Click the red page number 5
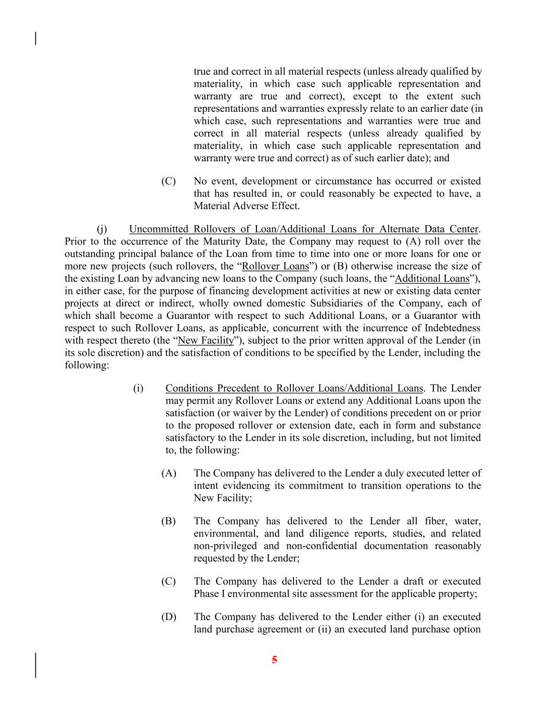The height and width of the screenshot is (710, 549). (274, 660)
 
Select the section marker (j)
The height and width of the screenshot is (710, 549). (102, 229)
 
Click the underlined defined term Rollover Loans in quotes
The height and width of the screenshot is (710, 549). (275, 266)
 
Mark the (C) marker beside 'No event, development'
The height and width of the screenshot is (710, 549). (168, 181)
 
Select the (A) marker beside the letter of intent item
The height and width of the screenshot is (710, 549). (169, 473)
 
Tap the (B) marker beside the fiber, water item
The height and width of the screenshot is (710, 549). (168, 521)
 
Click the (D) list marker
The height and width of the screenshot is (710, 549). (169, 617)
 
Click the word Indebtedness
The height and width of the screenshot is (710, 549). (452, 328)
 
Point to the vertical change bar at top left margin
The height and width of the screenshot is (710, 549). (35, 38)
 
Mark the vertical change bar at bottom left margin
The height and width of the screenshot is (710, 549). (35, 665)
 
